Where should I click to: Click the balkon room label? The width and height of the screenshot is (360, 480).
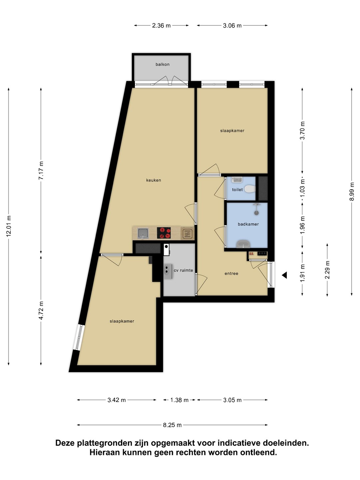(162, 64)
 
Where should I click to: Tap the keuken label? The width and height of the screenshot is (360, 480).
(153, 180)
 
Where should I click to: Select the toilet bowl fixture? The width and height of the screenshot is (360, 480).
(250, 189)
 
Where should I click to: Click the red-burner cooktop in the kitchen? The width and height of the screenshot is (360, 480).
(164, 233)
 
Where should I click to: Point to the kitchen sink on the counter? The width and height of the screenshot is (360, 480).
(143, 233)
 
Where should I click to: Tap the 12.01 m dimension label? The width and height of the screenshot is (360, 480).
(9, 226)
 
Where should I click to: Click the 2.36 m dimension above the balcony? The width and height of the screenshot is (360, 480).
(161, 26)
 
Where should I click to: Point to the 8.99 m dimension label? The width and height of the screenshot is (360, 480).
(351, 191)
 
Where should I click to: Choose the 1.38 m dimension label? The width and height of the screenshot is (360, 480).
(179, 400)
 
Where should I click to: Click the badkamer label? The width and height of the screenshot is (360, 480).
(248, 224)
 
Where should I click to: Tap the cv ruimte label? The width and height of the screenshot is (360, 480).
(183, 270)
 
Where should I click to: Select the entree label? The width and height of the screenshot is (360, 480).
(231, 273)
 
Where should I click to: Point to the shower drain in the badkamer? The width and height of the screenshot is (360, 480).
(256, 212)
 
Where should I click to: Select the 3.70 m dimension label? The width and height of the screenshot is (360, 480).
(302, 130)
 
